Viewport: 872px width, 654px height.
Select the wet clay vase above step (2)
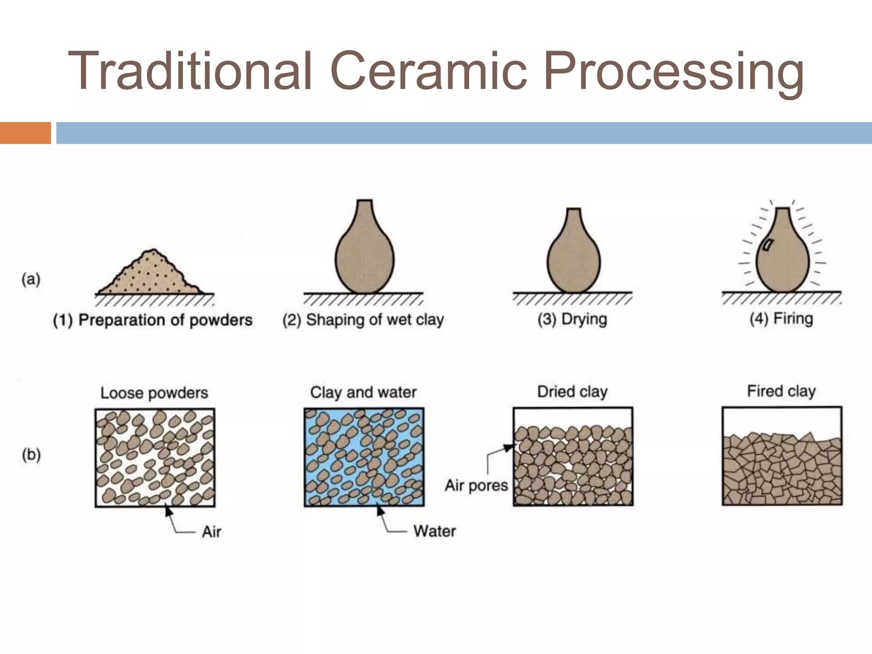(364, 255)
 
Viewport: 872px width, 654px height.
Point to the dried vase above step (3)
(574, 260)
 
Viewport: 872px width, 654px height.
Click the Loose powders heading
(154, 393)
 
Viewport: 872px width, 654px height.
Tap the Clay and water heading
(363, 392)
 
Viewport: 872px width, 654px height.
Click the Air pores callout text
(476, 485)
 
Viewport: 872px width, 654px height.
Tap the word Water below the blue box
(434, 531)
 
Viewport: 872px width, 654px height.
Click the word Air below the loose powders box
(212, 532)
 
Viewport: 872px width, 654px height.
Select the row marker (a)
(31, 280)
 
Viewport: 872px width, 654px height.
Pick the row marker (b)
(31, 455)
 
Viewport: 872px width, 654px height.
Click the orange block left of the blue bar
(25, 133)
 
